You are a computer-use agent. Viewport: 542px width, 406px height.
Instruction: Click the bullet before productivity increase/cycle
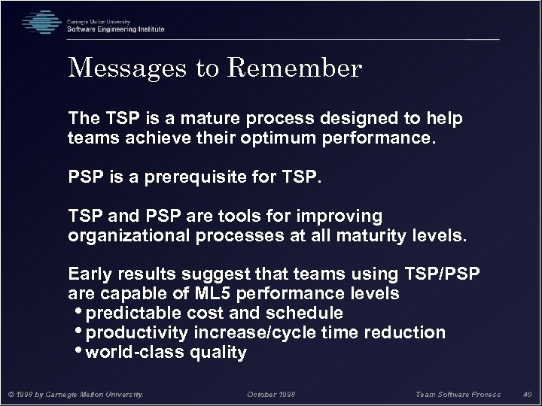click(x=80, y=332)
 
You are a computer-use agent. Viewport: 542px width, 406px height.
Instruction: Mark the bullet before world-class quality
click(x=80, y=351)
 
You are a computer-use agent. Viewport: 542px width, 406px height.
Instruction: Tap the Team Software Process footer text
click(x=458, y=394)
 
